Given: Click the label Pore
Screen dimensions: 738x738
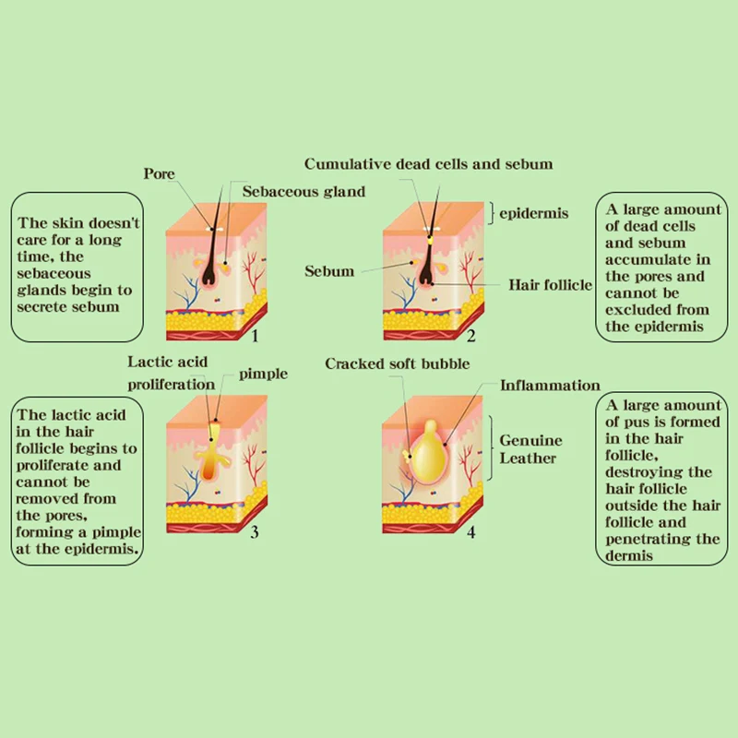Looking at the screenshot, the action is click(159, 173).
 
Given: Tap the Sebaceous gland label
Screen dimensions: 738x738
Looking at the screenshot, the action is click(304, 192).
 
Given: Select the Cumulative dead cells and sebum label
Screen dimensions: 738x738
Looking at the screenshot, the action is click(428, 164).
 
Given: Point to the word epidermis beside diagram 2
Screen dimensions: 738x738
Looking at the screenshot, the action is click(534, 214).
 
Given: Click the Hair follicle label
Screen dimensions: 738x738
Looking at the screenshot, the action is click(550, 285).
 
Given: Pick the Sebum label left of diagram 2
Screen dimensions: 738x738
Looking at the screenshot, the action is click(329, 271).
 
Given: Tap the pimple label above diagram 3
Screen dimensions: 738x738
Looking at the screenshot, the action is click(263, 375).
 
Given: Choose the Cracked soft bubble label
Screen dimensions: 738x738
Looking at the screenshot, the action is click(398, 363).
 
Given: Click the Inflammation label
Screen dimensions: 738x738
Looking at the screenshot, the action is click(550, 386).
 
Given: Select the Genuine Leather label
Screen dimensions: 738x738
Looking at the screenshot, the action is click(530, 449).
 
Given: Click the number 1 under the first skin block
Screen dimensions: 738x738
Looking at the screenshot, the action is click(255, 336).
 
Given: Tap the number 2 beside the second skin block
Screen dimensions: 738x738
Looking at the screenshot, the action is click(471, 336).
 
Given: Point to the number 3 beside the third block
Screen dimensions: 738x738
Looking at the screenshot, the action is click(255, 532).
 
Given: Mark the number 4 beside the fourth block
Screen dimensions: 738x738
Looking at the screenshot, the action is click(470, 532).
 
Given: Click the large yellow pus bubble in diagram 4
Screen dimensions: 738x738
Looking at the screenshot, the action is click(427, 451).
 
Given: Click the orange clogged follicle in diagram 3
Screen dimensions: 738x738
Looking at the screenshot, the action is click(208, 466).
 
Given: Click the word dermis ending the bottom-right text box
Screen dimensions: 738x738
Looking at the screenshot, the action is click(629, 556).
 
